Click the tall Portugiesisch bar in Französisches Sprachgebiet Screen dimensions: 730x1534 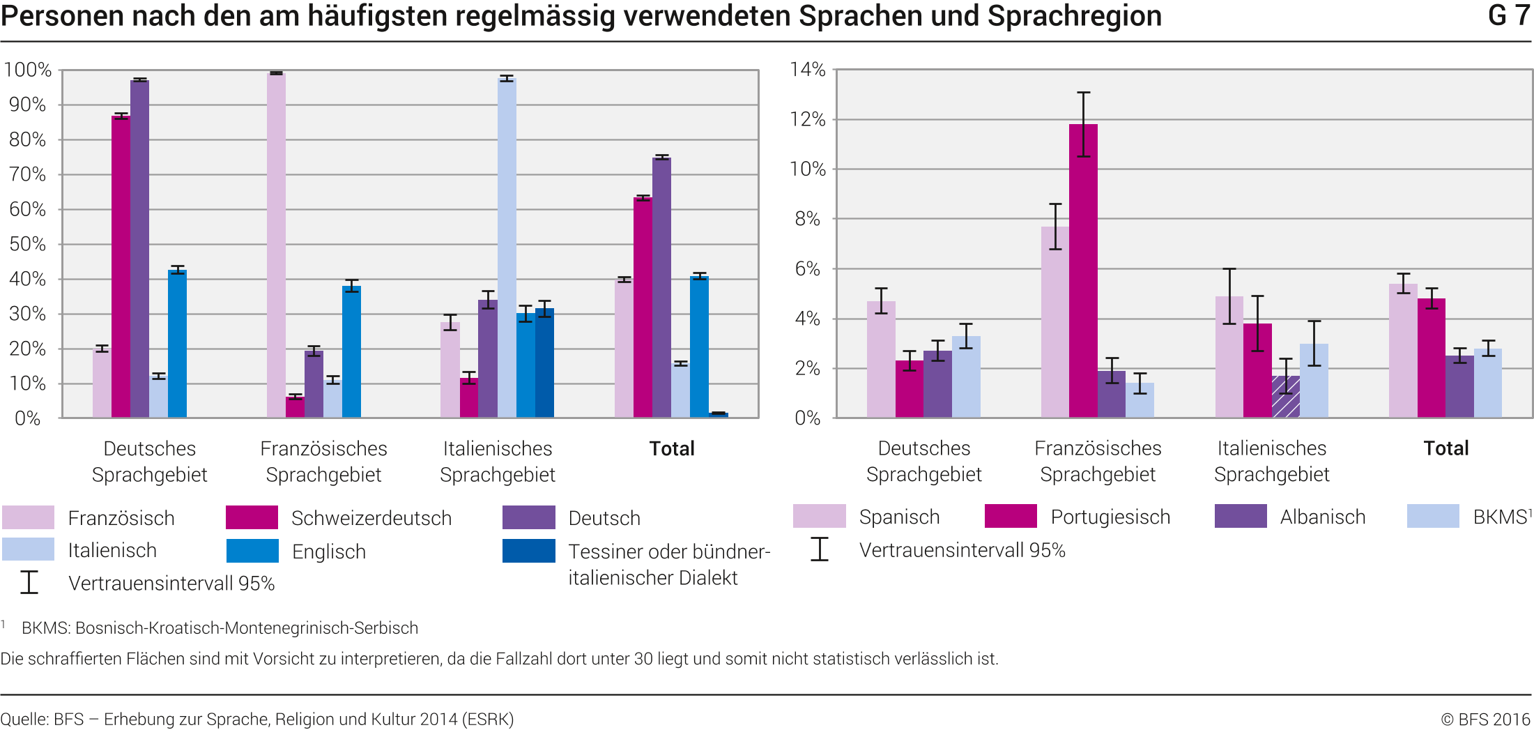click(x=1083, y=272)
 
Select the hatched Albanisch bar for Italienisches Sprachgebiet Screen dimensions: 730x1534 click(x=1286, y=397)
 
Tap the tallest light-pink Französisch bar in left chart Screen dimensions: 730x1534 click(x=276, y=244)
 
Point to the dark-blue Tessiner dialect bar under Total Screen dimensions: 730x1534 click(x=719, y=415)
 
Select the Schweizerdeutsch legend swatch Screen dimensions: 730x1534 click(x=252, y=518)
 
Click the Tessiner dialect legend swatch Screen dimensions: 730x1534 click(x=528, y=551)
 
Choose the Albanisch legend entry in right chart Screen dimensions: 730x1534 click(x=1322, y=517)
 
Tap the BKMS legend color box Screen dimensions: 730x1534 click(x=1432, y=517)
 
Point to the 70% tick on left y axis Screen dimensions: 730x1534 click(x=27, y=174)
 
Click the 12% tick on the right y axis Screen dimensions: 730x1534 click(x=807, y=119)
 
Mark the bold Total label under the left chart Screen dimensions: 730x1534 click(x=672, y=448)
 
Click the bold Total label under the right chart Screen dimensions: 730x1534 click(x=1445, y=448)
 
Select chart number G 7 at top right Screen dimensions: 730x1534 click(x=1508, y=15)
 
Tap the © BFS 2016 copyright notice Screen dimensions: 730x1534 click(x=1485, y=719)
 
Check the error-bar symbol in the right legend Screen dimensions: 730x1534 click(x=820, y=549)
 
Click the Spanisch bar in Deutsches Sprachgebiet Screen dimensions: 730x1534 click(x=881, y=360)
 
